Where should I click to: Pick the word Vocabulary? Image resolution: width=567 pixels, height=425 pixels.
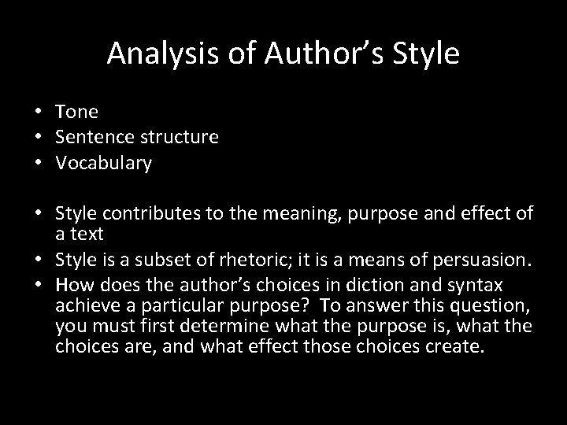pyautogui.click(x=102, y=164)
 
